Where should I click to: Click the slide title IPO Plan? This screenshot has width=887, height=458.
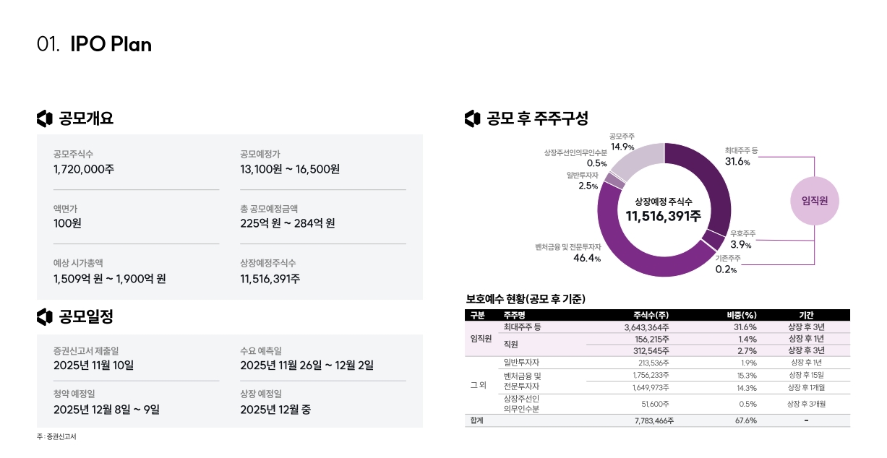[111, 44]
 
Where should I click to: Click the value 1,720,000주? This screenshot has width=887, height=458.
[84, 169]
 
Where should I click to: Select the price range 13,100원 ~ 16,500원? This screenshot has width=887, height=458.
[290, 169]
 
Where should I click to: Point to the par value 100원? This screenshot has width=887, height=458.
[67, 223]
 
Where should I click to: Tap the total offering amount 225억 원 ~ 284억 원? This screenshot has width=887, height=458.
[288, 223]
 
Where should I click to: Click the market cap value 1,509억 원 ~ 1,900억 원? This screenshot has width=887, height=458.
[110, 278]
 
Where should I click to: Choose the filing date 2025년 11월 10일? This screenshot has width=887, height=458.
[93, 366]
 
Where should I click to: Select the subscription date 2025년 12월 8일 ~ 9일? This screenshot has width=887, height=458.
[106, 410]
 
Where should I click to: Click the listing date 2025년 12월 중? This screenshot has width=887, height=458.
[275, 410]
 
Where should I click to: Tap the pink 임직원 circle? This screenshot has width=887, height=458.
[815, 200]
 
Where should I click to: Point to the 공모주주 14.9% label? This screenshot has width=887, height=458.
[622, 142]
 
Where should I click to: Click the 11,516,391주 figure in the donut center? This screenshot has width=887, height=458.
[664, 216]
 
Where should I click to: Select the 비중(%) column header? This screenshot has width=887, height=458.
[742, 315]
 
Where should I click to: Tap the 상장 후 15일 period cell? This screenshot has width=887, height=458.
[806, 375]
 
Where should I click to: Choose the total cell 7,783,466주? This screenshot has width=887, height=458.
[654, 420]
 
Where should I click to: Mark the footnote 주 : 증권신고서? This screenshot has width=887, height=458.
[56, 437]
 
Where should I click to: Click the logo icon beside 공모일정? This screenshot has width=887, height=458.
[45, 316]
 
